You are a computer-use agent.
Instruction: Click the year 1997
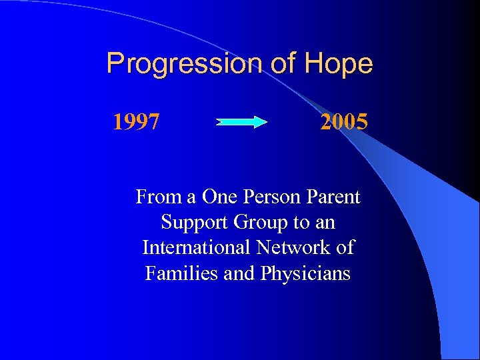[136, 122]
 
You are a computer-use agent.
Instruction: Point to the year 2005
[343, 122]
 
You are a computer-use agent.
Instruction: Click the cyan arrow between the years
[241, 122]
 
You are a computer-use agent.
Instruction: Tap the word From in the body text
[157, 197]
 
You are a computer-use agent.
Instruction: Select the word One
[219, 197]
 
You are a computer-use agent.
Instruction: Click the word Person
[272, 197]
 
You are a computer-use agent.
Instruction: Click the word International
[196, 248]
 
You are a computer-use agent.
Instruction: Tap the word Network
[293, 248]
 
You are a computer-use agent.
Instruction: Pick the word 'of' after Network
[345, 248]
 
